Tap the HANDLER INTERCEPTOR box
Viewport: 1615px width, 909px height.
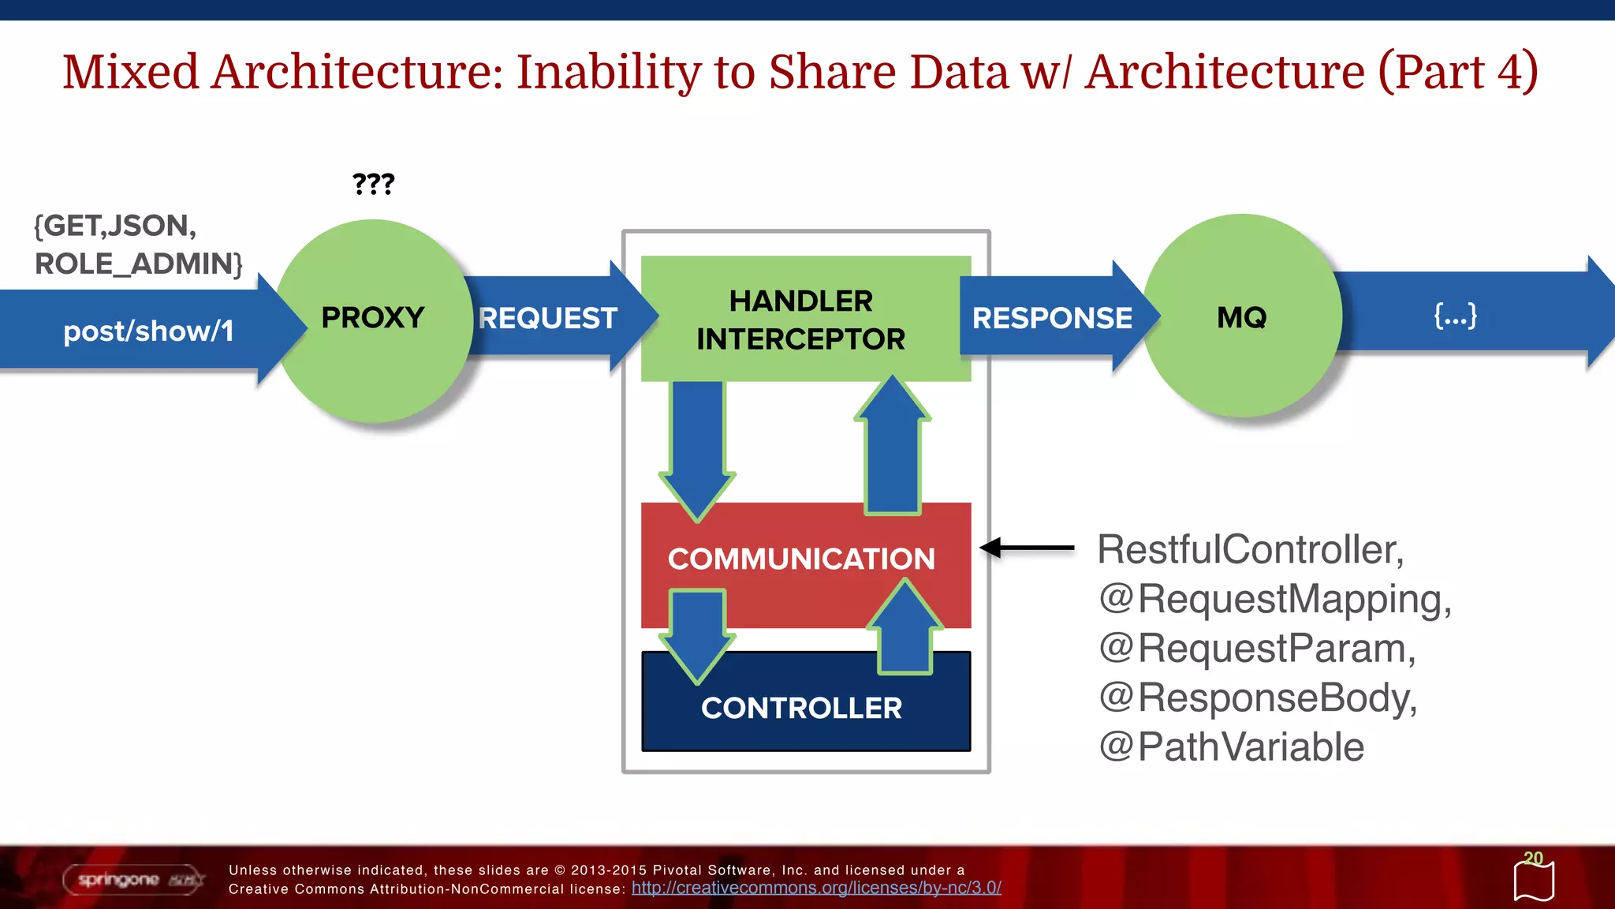coord(801,319)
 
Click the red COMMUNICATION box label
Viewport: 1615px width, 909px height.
coord(801,559)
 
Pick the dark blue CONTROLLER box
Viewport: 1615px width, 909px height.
coord(801,708)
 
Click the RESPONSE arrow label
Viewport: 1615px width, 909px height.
coord(1052,318)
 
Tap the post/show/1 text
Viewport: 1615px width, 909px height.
coord(148,331)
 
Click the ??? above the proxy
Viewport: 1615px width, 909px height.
coord(373,184)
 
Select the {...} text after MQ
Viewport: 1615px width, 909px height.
coord(1455,316)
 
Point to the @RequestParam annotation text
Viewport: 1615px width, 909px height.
coord(1258,649)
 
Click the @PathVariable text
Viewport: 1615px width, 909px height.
coord(1231,746)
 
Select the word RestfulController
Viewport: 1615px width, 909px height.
coord(1250,549)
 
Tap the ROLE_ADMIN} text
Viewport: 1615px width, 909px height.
coord(139,264)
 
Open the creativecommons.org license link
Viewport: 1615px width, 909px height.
coord(816,888)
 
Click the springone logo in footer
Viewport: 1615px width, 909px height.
coord(132,879)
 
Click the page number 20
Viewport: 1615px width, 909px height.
coord(1533,858)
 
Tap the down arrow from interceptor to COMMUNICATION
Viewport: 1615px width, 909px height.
coord(697,446)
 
